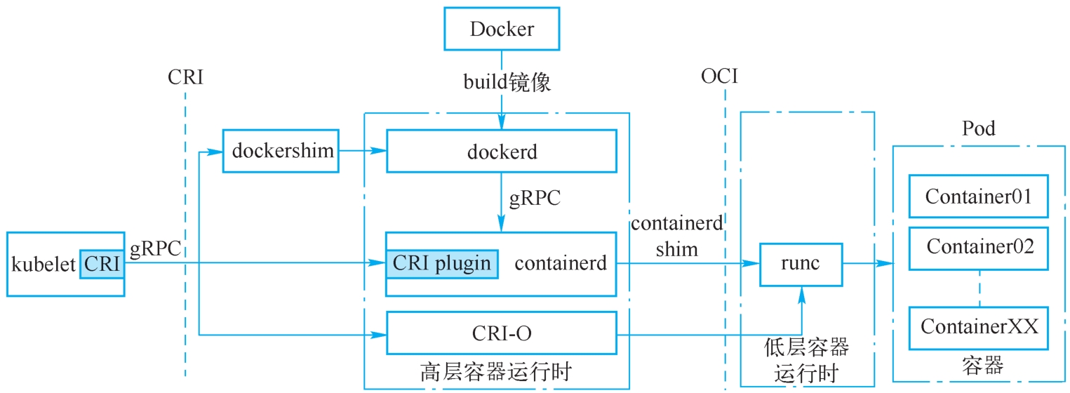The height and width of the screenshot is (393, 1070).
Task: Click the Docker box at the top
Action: [502, 29]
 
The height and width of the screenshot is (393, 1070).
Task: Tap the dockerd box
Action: [502, 151]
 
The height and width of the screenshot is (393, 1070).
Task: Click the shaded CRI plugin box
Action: [442, 264]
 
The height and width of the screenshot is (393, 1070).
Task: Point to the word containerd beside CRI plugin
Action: [561, 264]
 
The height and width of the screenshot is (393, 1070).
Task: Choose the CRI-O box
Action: [502, 333]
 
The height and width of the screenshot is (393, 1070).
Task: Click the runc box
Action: [801, 264]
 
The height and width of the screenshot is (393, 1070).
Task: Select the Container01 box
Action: [978, 196]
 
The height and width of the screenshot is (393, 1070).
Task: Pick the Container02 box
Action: [978, 248]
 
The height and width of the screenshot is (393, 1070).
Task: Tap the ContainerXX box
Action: [978, 328]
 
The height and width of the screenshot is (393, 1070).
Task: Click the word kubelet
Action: [44, 265]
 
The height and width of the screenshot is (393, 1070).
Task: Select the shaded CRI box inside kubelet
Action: [102, 264]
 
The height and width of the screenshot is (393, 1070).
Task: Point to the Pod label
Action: [978, 129]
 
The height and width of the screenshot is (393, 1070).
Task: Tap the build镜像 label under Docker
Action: [507, 83]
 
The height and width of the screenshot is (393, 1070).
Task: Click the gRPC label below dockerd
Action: [535, 198]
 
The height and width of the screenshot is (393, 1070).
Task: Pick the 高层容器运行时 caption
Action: [496, 371]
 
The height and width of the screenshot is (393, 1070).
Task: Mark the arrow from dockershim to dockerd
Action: [362, 151]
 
